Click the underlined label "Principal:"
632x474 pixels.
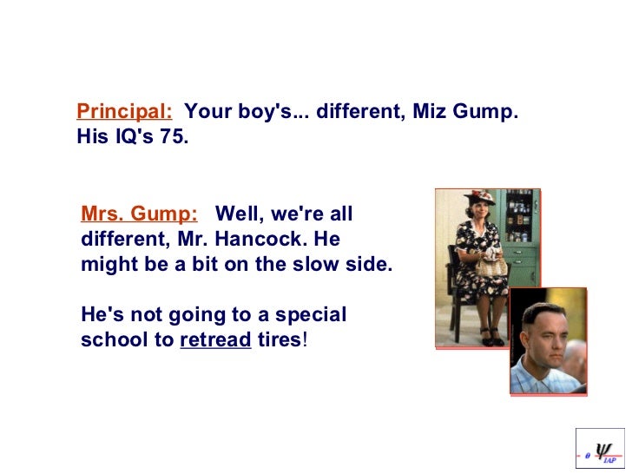(x=124, y=112)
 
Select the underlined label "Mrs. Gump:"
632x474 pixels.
(x=138, y=214)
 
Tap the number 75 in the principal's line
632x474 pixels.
(x=171, y=137)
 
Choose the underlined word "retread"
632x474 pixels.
(x=215, y=340)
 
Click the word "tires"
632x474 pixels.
(x=280, y=340)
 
